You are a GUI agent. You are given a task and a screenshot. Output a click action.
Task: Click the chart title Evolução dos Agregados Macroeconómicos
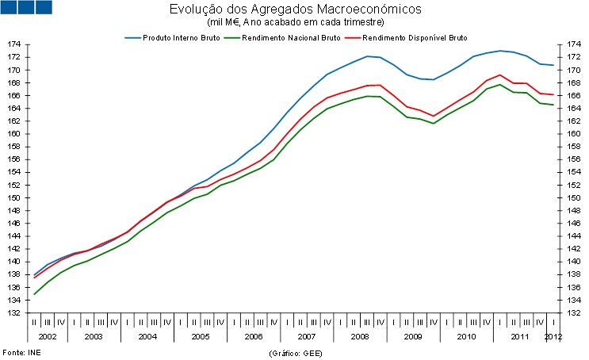[x=295, y=10]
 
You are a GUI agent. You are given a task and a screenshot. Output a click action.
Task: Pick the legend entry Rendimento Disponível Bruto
[x=415, y=37]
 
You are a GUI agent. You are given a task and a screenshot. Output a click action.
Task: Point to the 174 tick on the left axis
[x=15, y=44]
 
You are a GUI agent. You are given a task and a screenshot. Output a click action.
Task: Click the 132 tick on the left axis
[x=15, y=313]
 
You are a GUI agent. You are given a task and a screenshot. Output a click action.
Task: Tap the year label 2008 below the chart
[x=358, y=337]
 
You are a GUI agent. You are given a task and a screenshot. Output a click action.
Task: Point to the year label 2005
[x=201, y=337]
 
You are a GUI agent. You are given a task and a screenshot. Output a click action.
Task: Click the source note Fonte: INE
[x=21, y=351]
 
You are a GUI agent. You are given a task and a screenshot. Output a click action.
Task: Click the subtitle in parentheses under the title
[x=295, y=22]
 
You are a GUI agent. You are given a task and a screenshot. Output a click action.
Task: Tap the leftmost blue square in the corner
[x=9, y=7]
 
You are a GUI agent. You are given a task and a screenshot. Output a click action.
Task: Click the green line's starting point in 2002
[x=34, y=294]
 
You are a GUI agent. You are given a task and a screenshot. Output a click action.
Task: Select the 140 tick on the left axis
[x=15, y=262]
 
